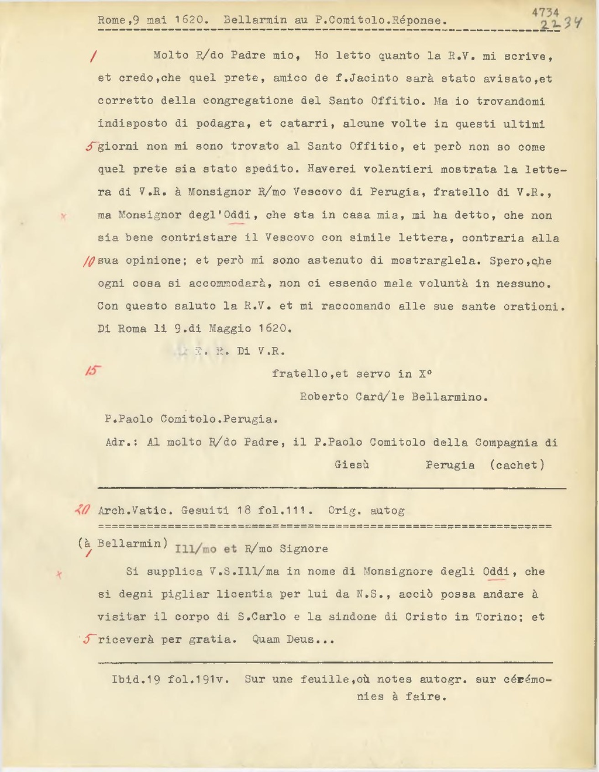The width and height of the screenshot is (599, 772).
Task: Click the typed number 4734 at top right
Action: tap(545, 12)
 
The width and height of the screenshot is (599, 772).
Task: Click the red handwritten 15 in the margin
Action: tap(94, 373)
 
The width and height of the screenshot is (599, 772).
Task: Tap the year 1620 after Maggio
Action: tap(275, 329)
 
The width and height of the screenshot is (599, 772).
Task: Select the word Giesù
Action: tap(352, 465)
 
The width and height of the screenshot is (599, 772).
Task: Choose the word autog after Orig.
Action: tap(387, 511)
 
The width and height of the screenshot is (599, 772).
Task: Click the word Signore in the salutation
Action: tap(304, 549)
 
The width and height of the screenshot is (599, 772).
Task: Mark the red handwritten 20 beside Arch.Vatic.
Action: tap(81, 510)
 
